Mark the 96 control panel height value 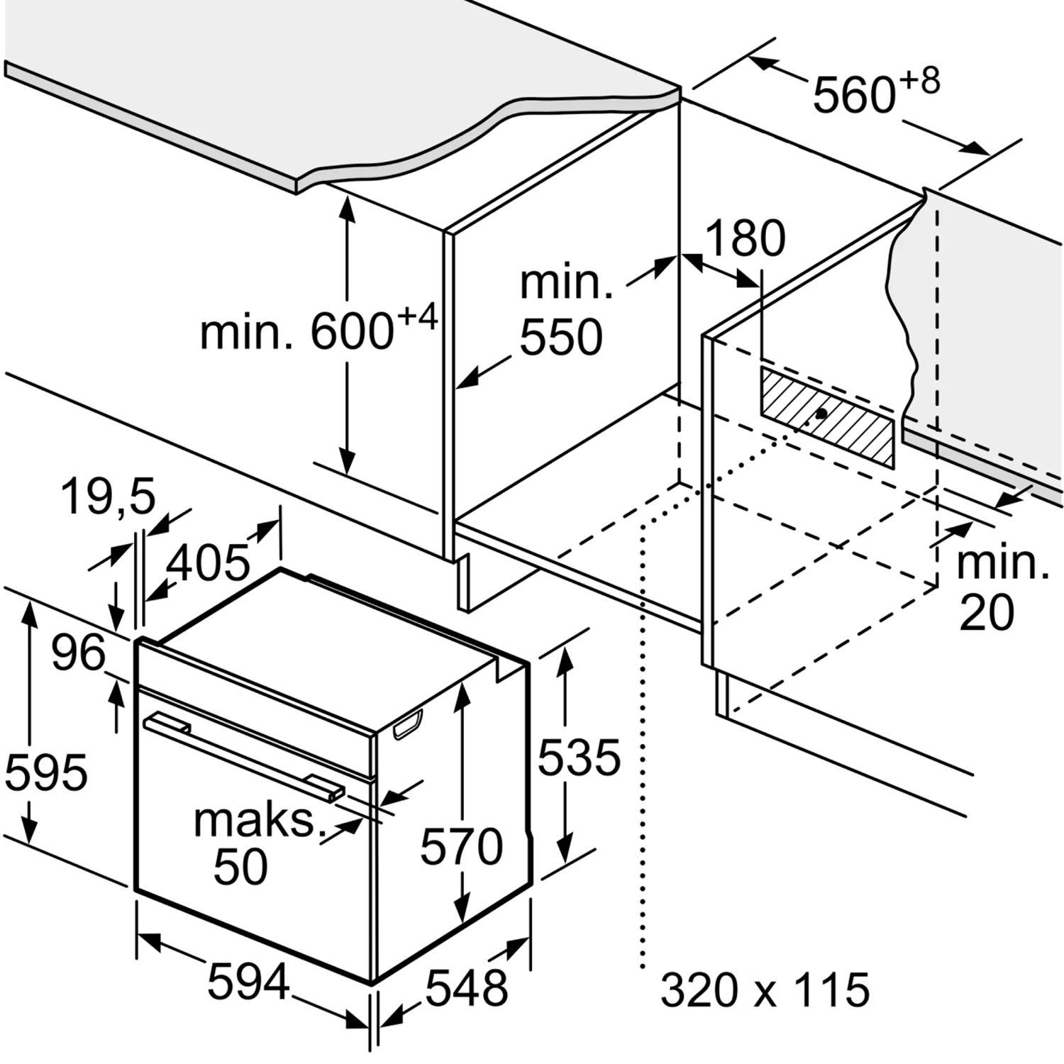click(x=78, y=652)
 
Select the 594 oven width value click(x=248, y=981)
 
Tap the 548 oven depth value click(x=467, y=987)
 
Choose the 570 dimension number click(x=461, y=846)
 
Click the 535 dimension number click(x=579, y=756)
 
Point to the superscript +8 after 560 click(x=920, y=81)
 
